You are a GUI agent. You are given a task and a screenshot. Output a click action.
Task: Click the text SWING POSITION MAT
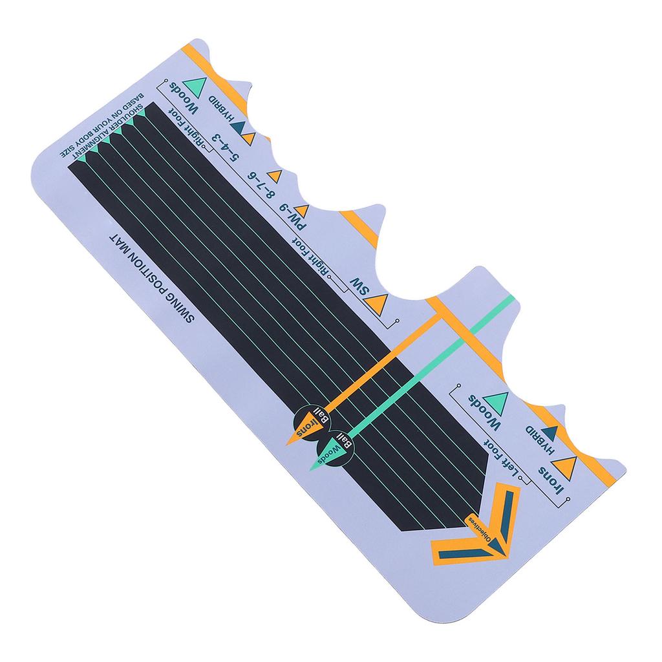[153, 277]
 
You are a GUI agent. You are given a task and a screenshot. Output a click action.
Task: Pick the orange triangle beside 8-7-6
[274, 176]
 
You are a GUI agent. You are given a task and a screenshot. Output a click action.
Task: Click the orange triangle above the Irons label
[566, 465]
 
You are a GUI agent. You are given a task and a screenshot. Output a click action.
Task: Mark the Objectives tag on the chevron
[480, 529]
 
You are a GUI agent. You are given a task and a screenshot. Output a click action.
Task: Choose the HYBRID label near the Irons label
[540, 441]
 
